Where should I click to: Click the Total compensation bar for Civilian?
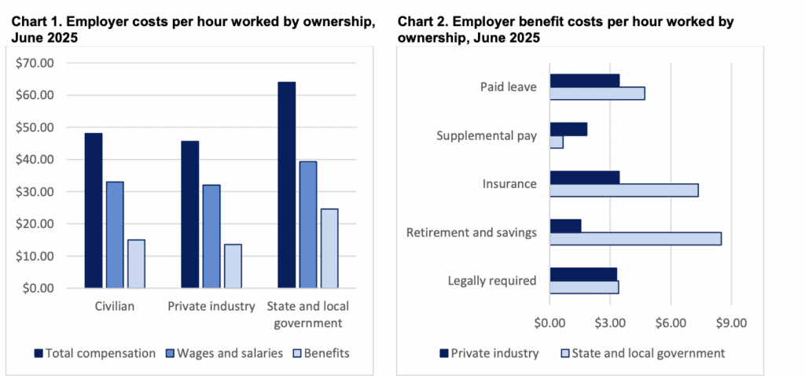(x=94, y=211)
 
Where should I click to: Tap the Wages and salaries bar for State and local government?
(x=307, y=225)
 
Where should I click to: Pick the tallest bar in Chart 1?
(x=286, y=185)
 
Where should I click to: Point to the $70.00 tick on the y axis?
(x=35, y=63)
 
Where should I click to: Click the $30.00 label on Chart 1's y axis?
(x=35, y=192)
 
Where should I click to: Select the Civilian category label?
(x=115, y=306)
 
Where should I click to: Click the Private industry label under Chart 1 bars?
(x=211, y=306)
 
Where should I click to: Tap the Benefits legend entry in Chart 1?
(x=324, y=353)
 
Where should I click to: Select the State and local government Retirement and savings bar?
(x=635, y=238)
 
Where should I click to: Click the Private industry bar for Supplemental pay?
(x=568, y=129)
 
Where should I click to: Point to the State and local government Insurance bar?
(x=623, y=190)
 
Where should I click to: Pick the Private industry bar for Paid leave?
(x=584, y=80)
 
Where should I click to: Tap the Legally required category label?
(x=492, y=281)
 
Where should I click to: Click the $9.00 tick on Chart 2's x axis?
(x=731, y=322)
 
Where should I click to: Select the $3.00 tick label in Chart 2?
(x=610, y=322)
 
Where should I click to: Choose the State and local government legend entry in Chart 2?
(x=642, y=353)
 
